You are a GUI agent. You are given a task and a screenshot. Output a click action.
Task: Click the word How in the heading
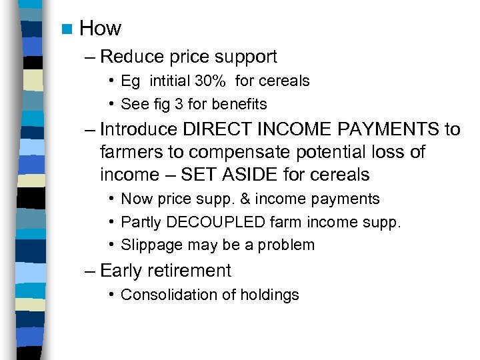pos(100,29)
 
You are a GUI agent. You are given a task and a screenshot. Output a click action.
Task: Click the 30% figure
pos(211,81)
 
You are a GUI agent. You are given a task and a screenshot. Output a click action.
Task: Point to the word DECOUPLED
pos(213,222)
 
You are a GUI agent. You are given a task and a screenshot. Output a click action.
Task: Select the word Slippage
pos(152,245)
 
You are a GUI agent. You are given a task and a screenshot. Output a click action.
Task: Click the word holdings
pos(272,295)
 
